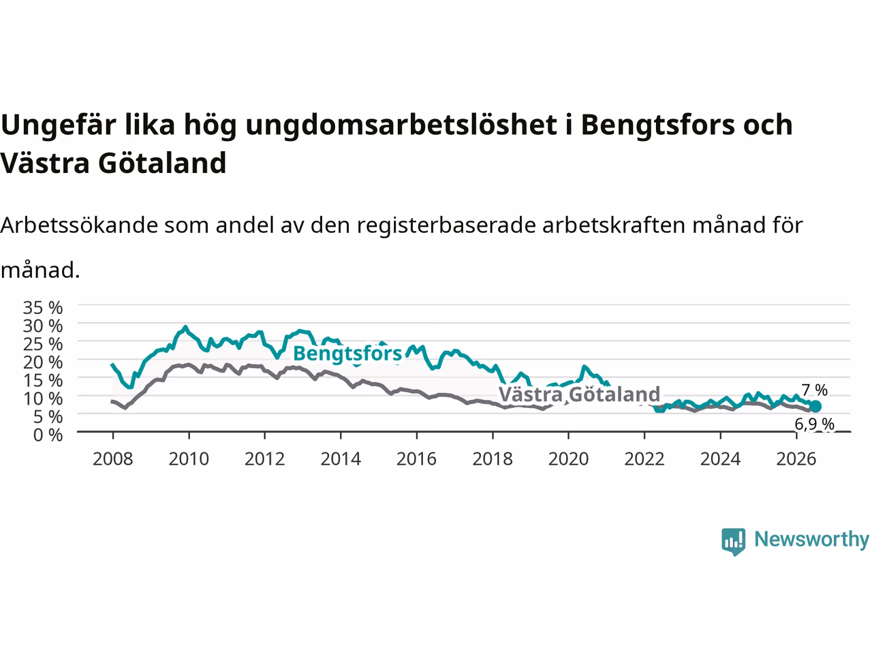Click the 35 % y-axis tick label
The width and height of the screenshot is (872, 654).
pyautogui.click(x=43, y=308)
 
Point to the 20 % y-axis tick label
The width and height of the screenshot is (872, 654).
pyautogui.click(x=43, y=362)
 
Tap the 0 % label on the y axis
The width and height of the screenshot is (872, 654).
pyautogui.click(x=48, y=435)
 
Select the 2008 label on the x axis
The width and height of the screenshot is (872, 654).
pyautogui.click(x=113, y=459)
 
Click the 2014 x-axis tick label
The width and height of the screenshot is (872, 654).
pyautogui.click(x=341, y=459)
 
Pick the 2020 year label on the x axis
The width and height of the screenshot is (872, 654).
pyautogui.click(x=568, y=459)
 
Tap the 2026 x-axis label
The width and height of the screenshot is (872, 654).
pyautogui.click(x=796, y=459)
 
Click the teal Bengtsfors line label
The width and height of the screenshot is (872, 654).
pyautogui.click(x=347, y=354)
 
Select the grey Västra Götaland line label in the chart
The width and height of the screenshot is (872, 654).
pyautogui.click(x=579, y=394)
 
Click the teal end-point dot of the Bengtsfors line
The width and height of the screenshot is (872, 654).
pyautogui.click(x=815, y=406)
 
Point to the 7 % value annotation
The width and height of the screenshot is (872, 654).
pyautogui.click(x=815, y=390)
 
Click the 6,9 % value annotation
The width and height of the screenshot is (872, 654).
pyautogui.click(x=814, y=424)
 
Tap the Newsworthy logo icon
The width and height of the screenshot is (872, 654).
pyautogui.click(x=733, y=542)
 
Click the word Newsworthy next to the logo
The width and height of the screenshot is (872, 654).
pyautogui.click(x=811, y=539)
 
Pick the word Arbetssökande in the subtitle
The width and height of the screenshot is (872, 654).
pyautogui.click(x=79, y=225)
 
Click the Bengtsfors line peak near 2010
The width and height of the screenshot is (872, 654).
pyautogui.click(x=185, y=327)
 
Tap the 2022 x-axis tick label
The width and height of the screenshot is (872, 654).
pyautogui.click(x=644, y=459)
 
